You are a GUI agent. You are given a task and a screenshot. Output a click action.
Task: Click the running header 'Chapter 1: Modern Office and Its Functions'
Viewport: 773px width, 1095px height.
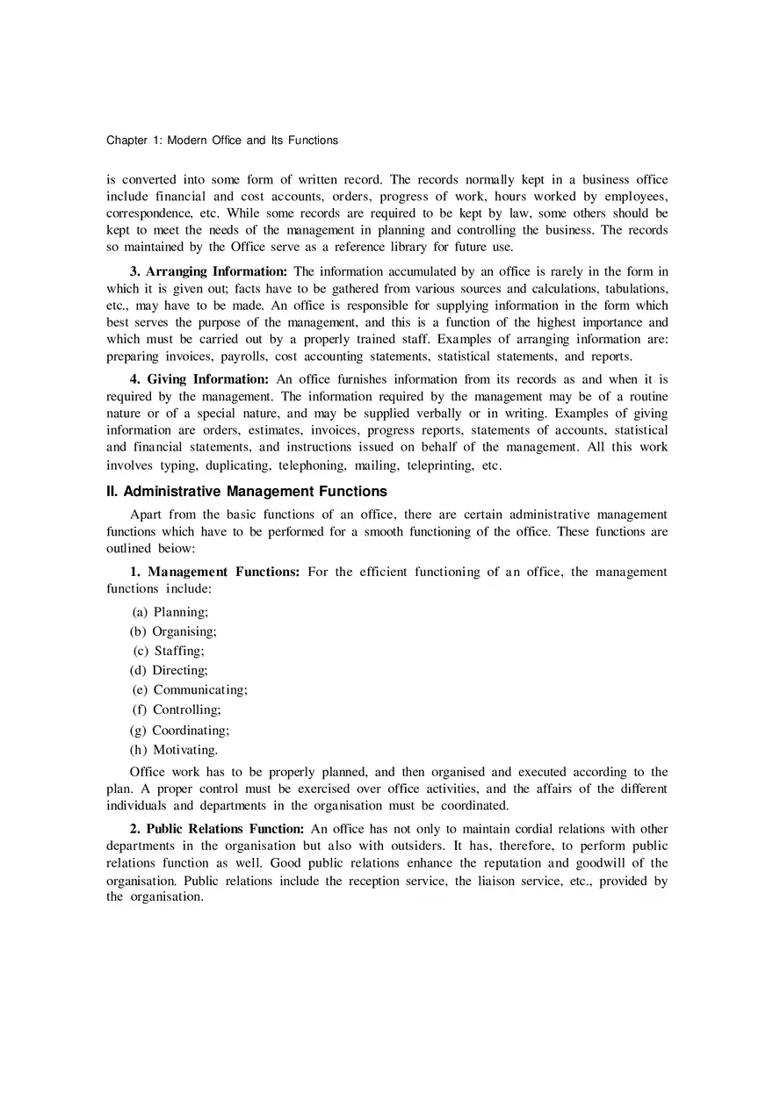(221, 140)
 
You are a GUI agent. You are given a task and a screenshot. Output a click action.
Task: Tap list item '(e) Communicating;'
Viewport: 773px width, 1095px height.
(190, 690)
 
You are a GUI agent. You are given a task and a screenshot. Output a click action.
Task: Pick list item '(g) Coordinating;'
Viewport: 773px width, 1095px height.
(180, 730)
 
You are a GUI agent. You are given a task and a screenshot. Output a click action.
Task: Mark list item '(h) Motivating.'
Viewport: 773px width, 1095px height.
(174, 750)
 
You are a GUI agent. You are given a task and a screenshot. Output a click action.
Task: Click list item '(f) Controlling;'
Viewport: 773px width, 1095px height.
(177, 710)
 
